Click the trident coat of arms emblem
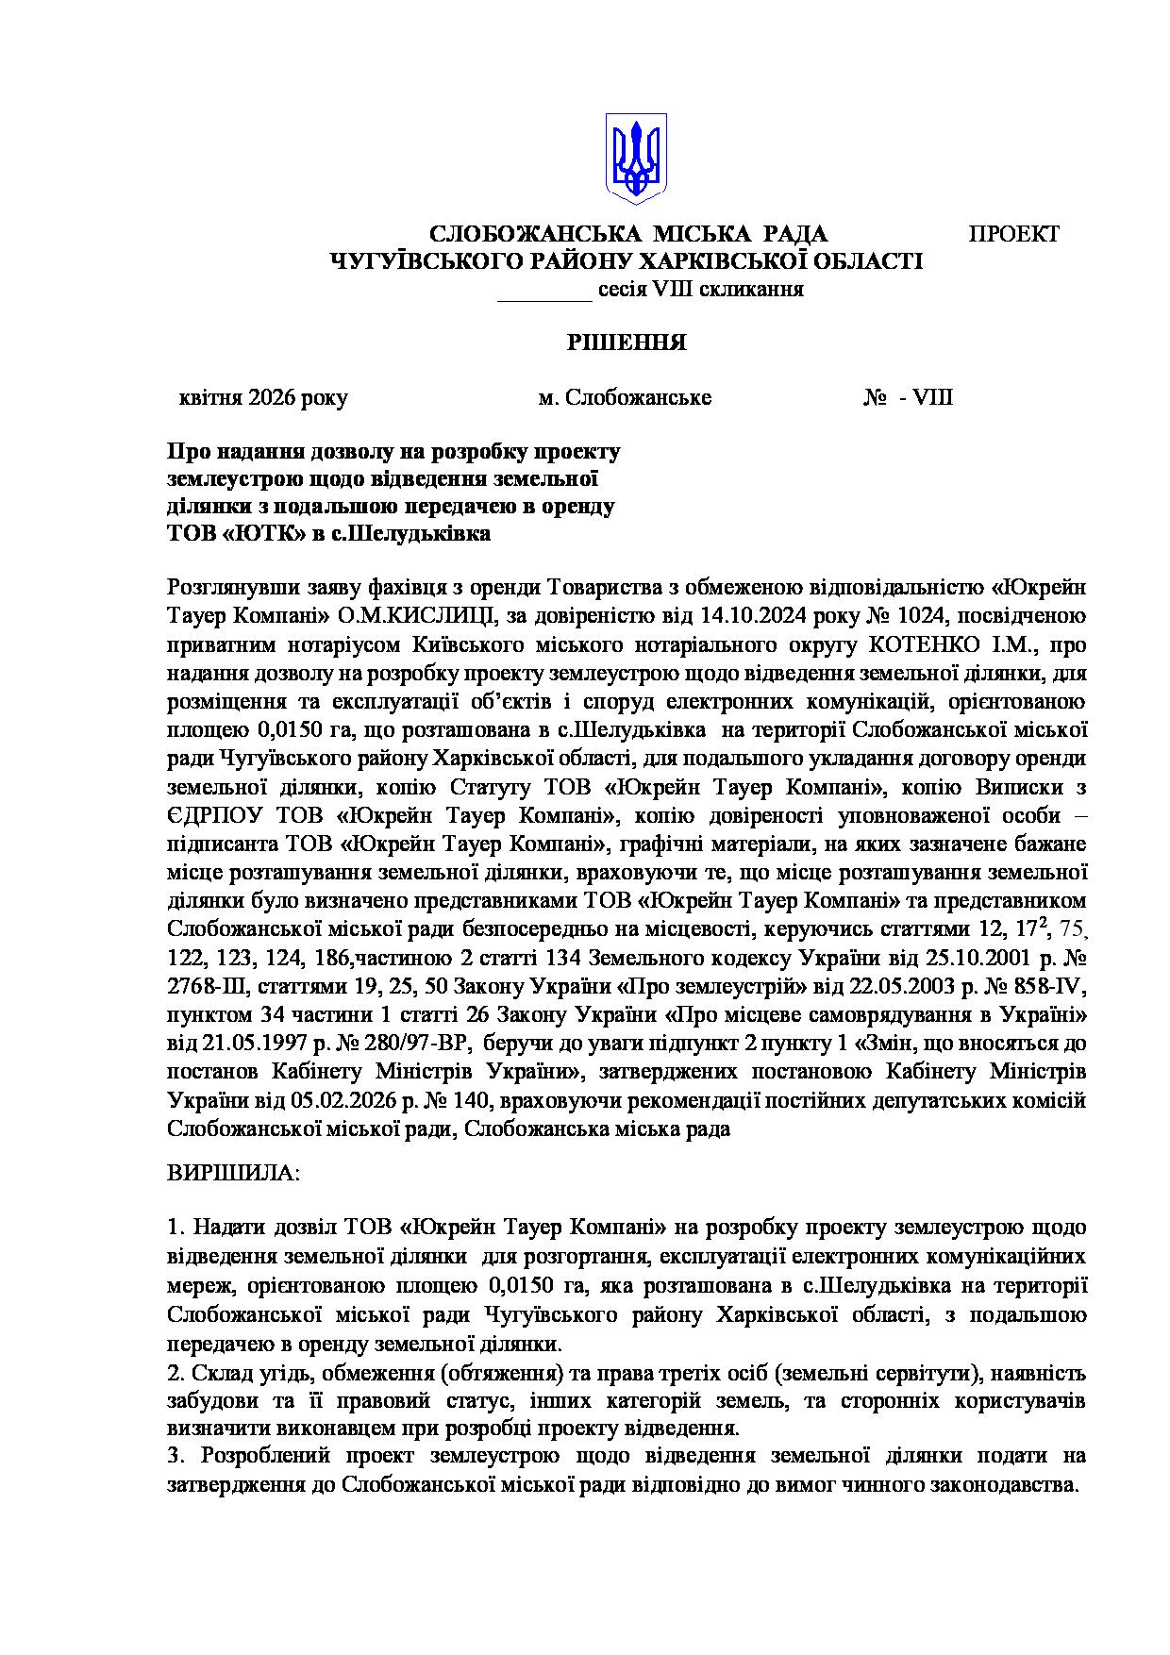pos(637,157)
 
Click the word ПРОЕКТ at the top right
pos(1014,234)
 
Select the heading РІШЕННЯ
pos(627,343)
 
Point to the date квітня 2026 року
pos(263,398)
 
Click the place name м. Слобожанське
pos(625,398)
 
